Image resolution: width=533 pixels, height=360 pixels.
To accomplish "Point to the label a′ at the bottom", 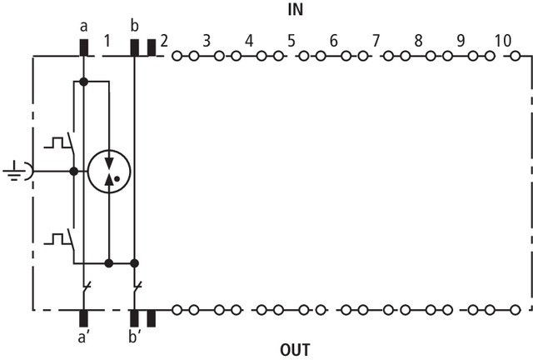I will pos(85,339).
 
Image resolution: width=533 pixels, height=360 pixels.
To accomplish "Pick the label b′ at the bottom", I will pos(136,339).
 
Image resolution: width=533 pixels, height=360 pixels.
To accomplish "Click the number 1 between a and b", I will pos(107,39).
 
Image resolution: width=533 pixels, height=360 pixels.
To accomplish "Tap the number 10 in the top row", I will pos(502,39).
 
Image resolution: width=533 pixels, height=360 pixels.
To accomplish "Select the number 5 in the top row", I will pos(291,39).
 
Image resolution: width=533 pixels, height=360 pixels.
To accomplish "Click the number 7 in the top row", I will pos(376,39).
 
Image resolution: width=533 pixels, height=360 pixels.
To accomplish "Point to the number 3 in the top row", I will pos(206,39).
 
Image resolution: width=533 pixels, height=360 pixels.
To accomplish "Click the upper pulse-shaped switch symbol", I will pos(58,141).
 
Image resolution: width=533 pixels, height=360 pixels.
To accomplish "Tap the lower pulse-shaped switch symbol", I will pos(58,239).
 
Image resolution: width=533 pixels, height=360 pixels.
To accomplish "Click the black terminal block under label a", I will pos(84,47).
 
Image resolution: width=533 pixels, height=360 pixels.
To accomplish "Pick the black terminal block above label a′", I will pos(84,317).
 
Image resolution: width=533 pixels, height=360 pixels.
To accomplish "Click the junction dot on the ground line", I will pos(74,172).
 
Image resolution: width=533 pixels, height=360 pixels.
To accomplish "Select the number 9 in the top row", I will pos(461,39).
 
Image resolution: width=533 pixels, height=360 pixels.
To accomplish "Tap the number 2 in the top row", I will pos(164,39).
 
